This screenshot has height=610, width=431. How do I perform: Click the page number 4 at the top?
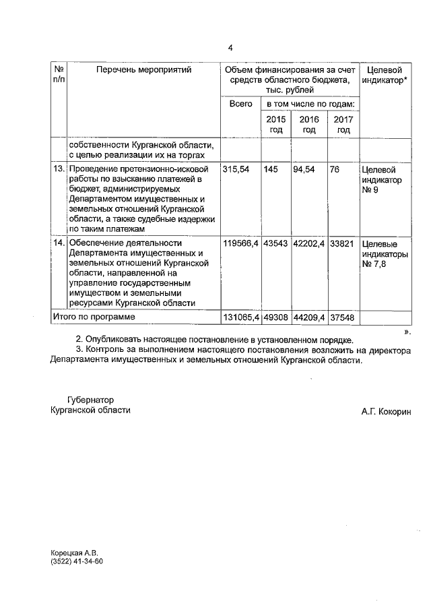[x=230, y=48]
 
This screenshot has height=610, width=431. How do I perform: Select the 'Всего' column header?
[x=240, y=104]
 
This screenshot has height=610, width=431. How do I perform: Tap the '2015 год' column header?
[x=276, y=124]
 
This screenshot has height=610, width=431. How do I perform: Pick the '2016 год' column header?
[x=309, y=124]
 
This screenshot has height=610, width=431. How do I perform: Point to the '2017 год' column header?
[x=343, y=124]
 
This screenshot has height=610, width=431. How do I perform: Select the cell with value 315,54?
[x=236, y=170]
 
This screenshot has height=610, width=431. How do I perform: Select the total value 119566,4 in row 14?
[x=241, y=243]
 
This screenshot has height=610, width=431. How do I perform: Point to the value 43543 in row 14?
[x=276, y=243]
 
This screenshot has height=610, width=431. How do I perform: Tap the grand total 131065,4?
[x=241, y=317]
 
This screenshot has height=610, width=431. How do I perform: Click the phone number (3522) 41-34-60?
[x=77, y=561]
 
